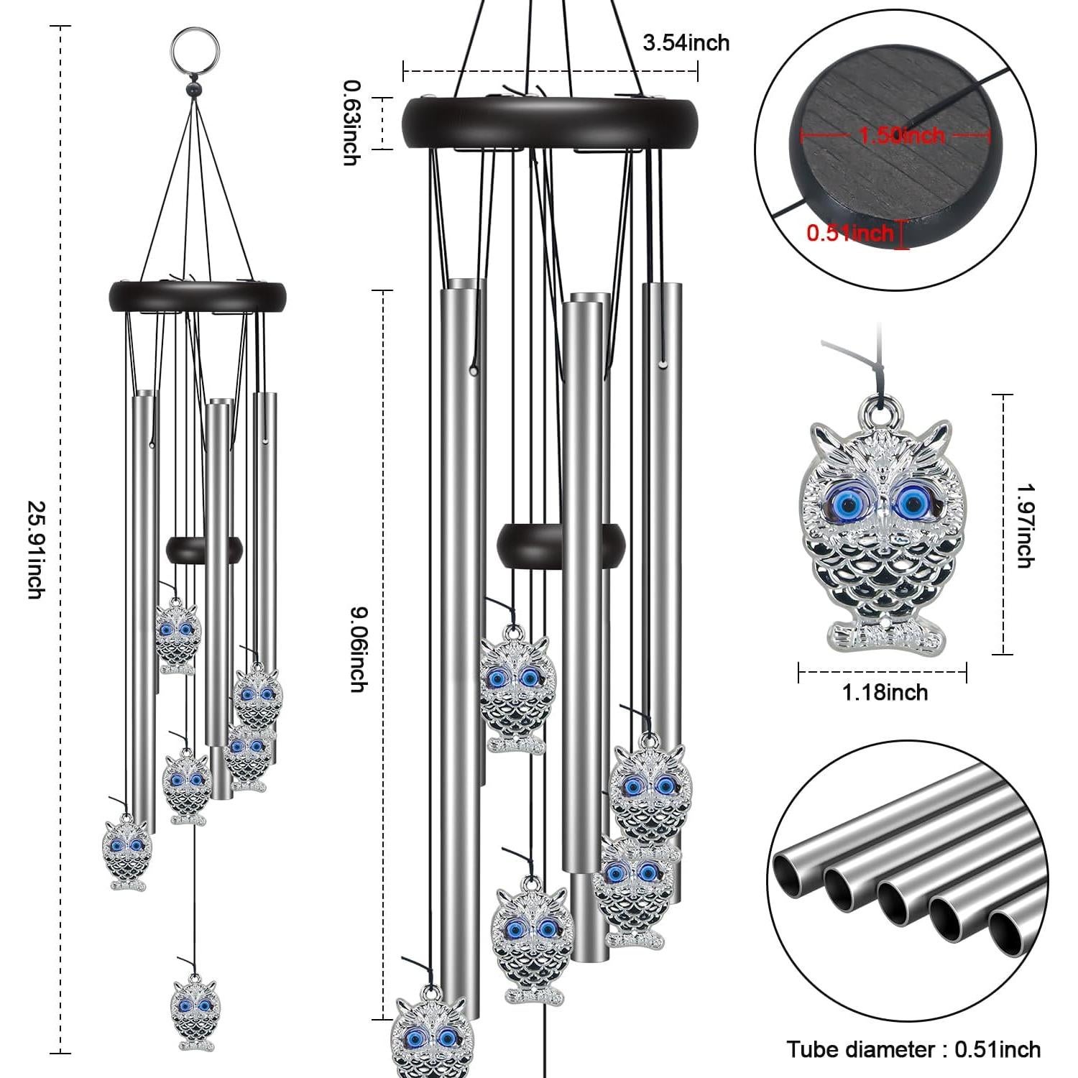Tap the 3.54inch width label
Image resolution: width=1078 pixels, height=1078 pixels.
tap(686, 43)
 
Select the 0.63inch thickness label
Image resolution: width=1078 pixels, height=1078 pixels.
tap(351, 122)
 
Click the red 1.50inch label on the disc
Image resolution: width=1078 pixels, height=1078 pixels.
tap(902, 135)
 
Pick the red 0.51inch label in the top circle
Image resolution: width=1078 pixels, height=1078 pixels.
tap(849, 233)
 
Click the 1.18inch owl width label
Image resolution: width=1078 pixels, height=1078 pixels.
tap(885, 693)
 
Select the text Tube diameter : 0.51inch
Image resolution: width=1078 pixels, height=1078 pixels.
tap(913, 1049)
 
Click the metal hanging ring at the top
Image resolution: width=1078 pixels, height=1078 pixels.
tap(193, 47)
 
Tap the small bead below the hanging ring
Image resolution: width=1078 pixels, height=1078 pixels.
tap(193, 88)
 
